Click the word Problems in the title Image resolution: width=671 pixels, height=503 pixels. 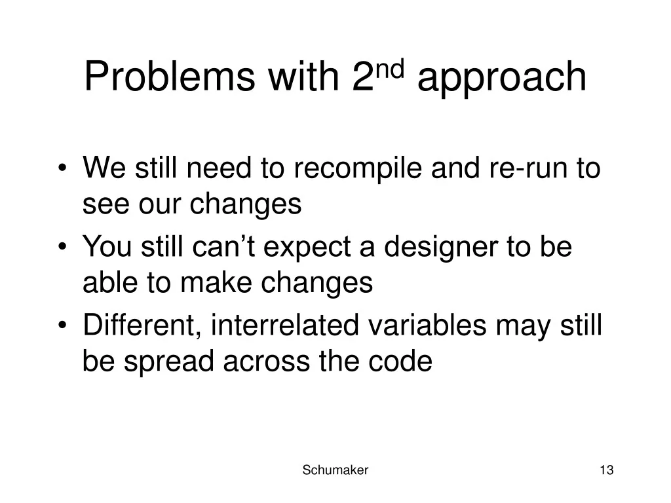(170, 77)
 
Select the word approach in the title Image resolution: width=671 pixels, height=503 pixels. (501, 79)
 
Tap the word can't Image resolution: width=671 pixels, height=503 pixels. (223, 247)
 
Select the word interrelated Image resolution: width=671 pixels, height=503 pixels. (284, 325)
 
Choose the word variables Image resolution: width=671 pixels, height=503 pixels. (427, 325)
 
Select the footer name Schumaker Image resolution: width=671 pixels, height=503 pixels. (335, 470)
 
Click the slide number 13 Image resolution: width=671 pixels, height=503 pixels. (606, 470)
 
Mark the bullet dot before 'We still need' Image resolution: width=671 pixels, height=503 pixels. (62, 168)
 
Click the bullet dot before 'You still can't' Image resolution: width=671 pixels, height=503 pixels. (62, 247)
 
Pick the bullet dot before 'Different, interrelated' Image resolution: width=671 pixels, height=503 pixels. (62, 326)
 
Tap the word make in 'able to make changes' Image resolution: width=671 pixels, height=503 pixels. (216, 284)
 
